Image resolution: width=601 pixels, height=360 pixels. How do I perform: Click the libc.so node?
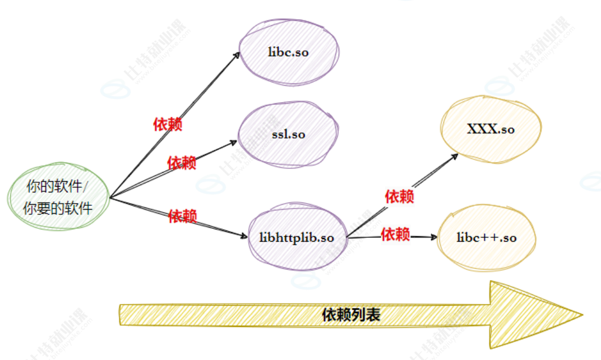pos(289,52)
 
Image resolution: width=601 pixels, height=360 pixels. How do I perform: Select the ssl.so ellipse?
pos(288,134)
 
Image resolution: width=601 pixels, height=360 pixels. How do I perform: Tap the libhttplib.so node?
pos(298,237)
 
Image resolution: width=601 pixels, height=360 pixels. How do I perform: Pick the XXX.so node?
pos(491,130)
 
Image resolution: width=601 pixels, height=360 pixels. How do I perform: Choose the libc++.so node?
pos(486,237)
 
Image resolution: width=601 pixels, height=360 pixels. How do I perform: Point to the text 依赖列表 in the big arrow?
pos(352,315)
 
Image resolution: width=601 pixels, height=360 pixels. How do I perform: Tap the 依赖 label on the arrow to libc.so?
pos(168,124)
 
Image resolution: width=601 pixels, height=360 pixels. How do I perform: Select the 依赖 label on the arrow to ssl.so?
pos(182,163)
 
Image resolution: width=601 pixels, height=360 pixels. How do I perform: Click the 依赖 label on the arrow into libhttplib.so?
pos(183,215)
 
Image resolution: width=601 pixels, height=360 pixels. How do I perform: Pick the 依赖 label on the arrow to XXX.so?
pos(399,196)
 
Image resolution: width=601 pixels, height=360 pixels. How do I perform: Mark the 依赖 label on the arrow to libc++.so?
pos(395,234)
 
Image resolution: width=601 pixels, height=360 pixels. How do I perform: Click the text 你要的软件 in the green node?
pos(58,209)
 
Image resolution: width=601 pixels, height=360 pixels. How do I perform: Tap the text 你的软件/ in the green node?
pos(58,187)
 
